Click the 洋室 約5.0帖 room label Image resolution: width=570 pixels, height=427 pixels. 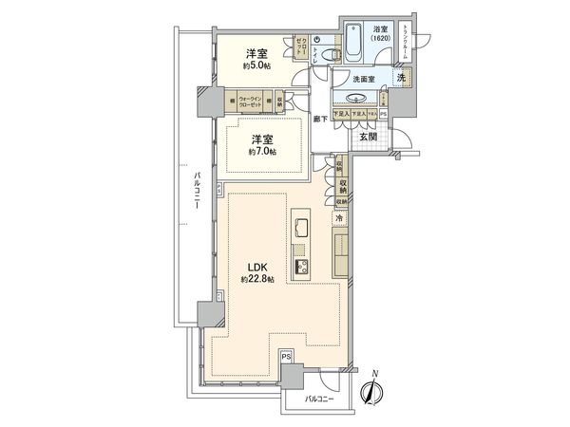(255, 59)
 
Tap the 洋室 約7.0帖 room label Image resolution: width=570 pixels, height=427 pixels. (262, 145)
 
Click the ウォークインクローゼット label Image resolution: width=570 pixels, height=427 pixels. (250, 99)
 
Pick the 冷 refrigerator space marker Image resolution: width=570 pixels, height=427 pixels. (338, 218)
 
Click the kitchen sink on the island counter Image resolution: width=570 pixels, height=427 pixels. (300, 229)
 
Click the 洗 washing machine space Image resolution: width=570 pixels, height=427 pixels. (402, 76)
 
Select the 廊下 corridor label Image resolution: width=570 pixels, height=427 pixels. (322, 119)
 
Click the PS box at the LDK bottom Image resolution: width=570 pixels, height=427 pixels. (286, 357)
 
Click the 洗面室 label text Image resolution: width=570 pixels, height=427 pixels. (362, 80)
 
